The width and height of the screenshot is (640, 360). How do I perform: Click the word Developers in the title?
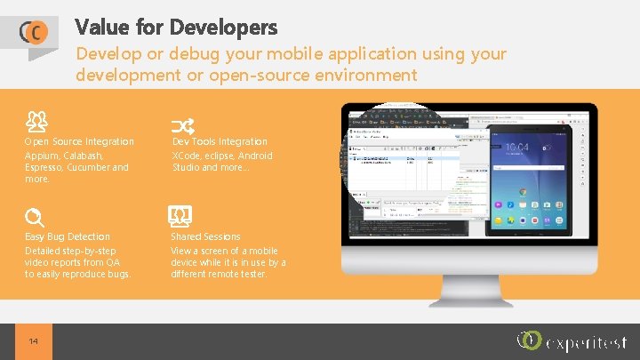point(229,28)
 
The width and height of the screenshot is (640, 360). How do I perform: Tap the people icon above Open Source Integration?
point(36,119)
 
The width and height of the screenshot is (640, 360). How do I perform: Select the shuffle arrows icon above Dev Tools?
point(181,125)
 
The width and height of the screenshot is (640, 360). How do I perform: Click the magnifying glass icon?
point(35,217)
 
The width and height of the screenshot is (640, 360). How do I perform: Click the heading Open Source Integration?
point(79,142)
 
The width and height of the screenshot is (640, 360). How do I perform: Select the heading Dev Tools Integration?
point(220,142)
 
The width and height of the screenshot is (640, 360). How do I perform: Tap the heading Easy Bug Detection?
point(68,236)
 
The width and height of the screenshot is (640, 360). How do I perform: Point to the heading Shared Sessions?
point(205,236)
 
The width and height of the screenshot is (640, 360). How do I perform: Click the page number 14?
point(34,341)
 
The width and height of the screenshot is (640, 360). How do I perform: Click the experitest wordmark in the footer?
point(588,343)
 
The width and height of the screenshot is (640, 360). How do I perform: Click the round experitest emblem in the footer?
point(530,340)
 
